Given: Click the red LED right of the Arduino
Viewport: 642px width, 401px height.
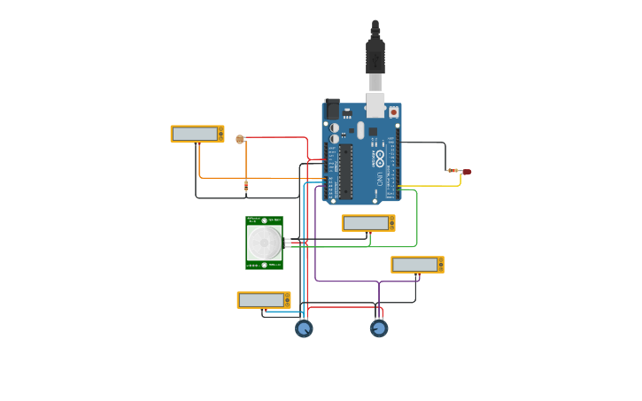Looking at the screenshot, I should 467,172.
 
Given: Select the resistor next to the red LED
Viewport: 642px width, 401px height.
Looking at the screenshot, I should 453,171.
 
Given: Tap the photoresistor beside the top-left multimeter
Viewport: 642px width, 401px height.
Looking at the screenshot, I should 240,139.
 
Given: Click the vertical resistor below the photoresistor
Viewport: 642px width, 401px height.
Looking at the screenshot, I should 246,185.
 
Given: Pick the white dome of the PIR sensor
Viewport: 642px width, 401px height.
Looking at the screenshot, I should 263,242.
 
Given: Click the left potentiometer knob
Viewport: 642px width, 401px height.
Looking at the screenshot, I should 304,328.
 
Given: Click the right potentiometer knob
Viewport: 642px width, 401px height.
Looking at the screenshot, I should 379,328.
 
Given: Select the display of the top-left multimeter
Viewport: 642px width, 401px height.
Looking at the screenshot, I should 196,134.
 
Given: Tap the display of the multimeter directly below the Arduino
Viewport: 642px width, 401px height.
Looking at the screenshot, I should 367,223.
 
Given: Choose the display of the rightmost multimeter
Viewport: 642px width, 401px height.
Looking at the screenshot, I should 415,265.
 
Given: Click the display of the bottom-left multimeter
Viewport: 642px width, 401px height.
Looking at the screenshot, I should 261,300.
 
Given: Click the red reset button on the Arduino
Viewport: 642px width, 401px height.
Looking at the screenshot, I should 393,112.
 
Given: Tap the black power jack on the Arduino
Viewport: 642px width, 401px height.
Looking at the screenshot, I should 332,109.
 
